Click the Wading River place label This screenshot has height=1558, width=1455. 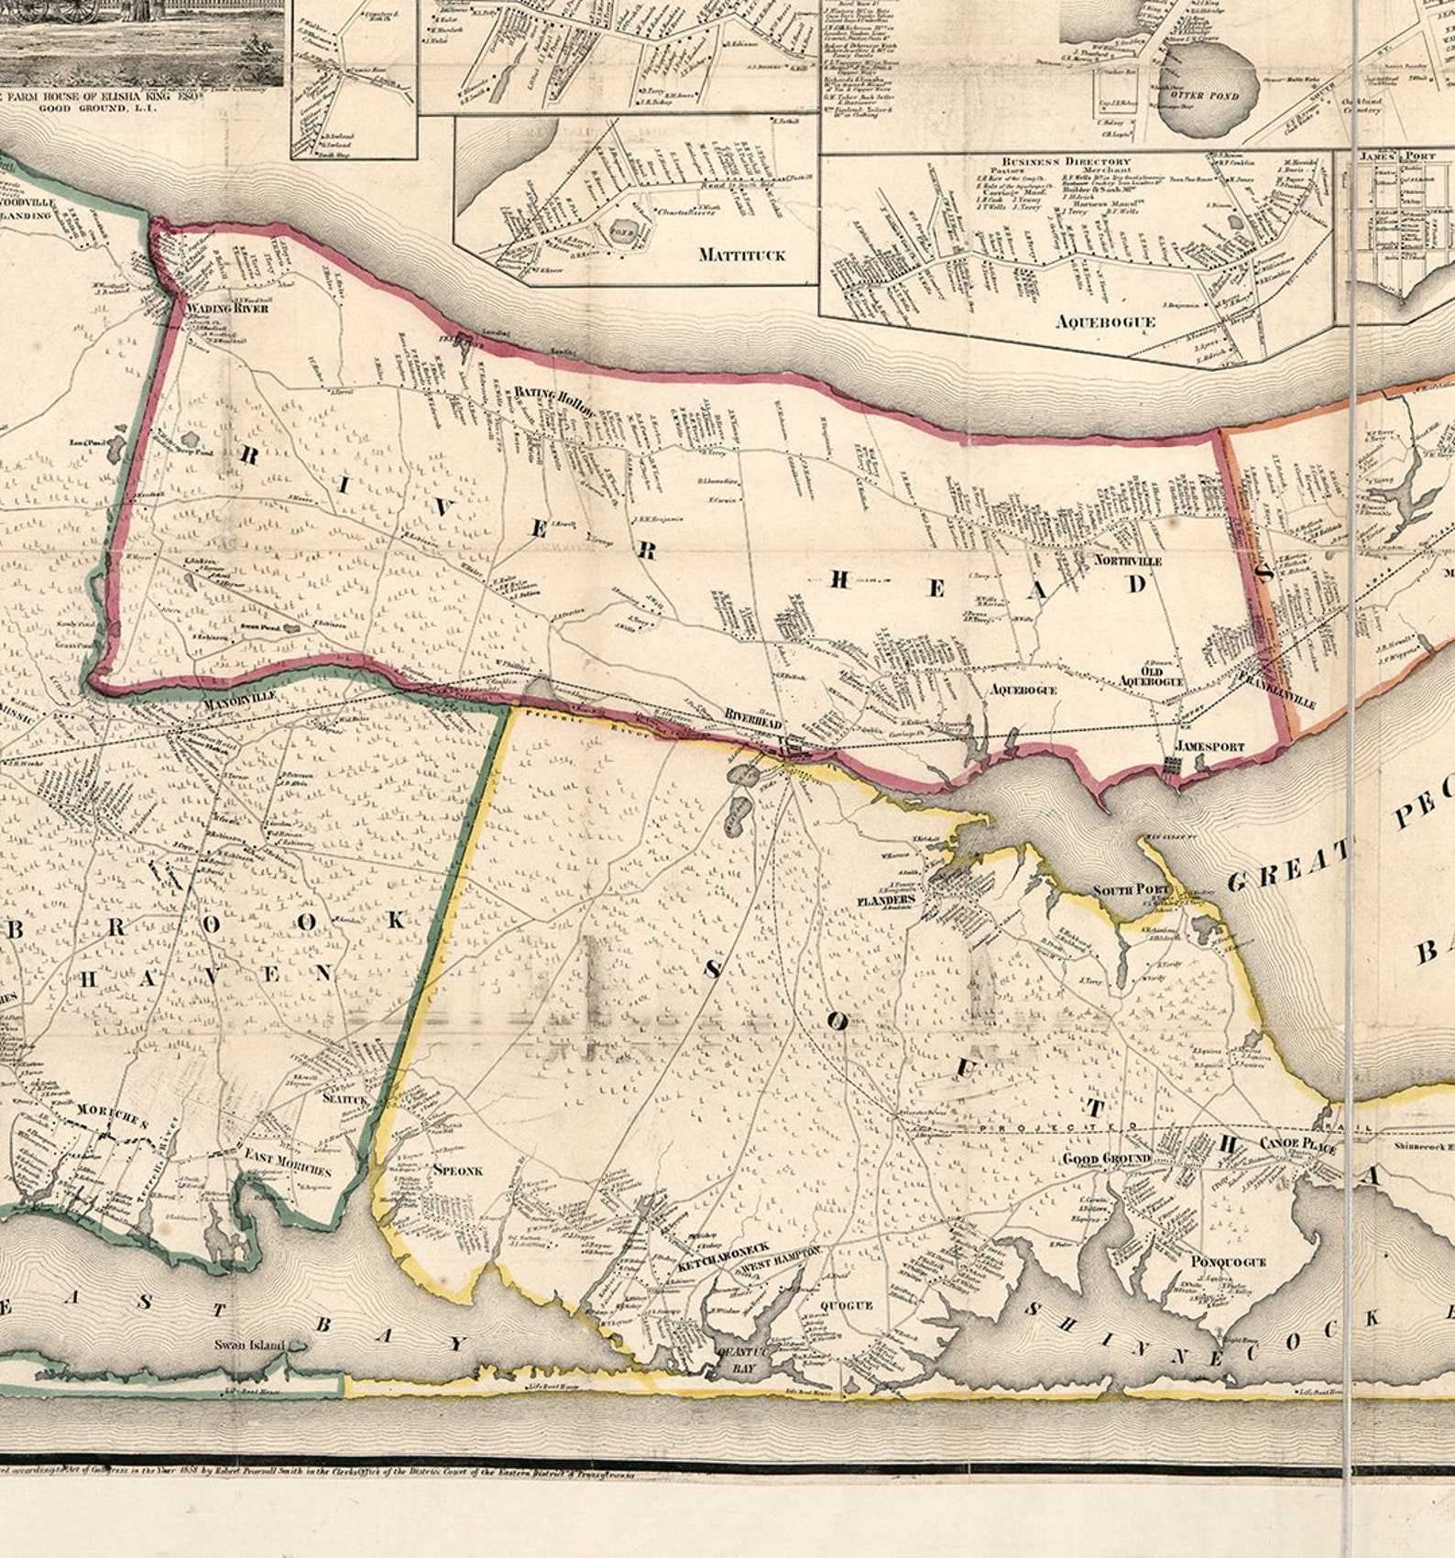[227, 309]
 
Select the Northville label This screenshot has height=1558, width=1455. [1128, 560]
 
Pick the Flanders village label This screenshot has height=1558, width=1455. [886, 900]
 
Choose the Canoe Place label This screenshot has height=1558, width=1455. [1297, 1145]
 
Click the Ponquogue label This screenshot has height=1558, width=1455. [1229, 1261]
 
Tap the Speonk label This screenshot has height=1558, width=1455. [456, 1170]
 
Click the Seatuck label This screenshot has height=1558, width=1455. [345, 1099]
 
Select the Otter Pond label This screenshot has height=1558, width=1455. [1198, 94]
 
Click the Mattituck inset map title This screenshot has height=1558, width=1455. [741, 255]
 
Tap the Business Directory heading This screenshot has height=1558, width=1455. [1066, 161]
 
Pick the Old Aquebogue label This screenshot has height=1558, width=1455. [1152, 676]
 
